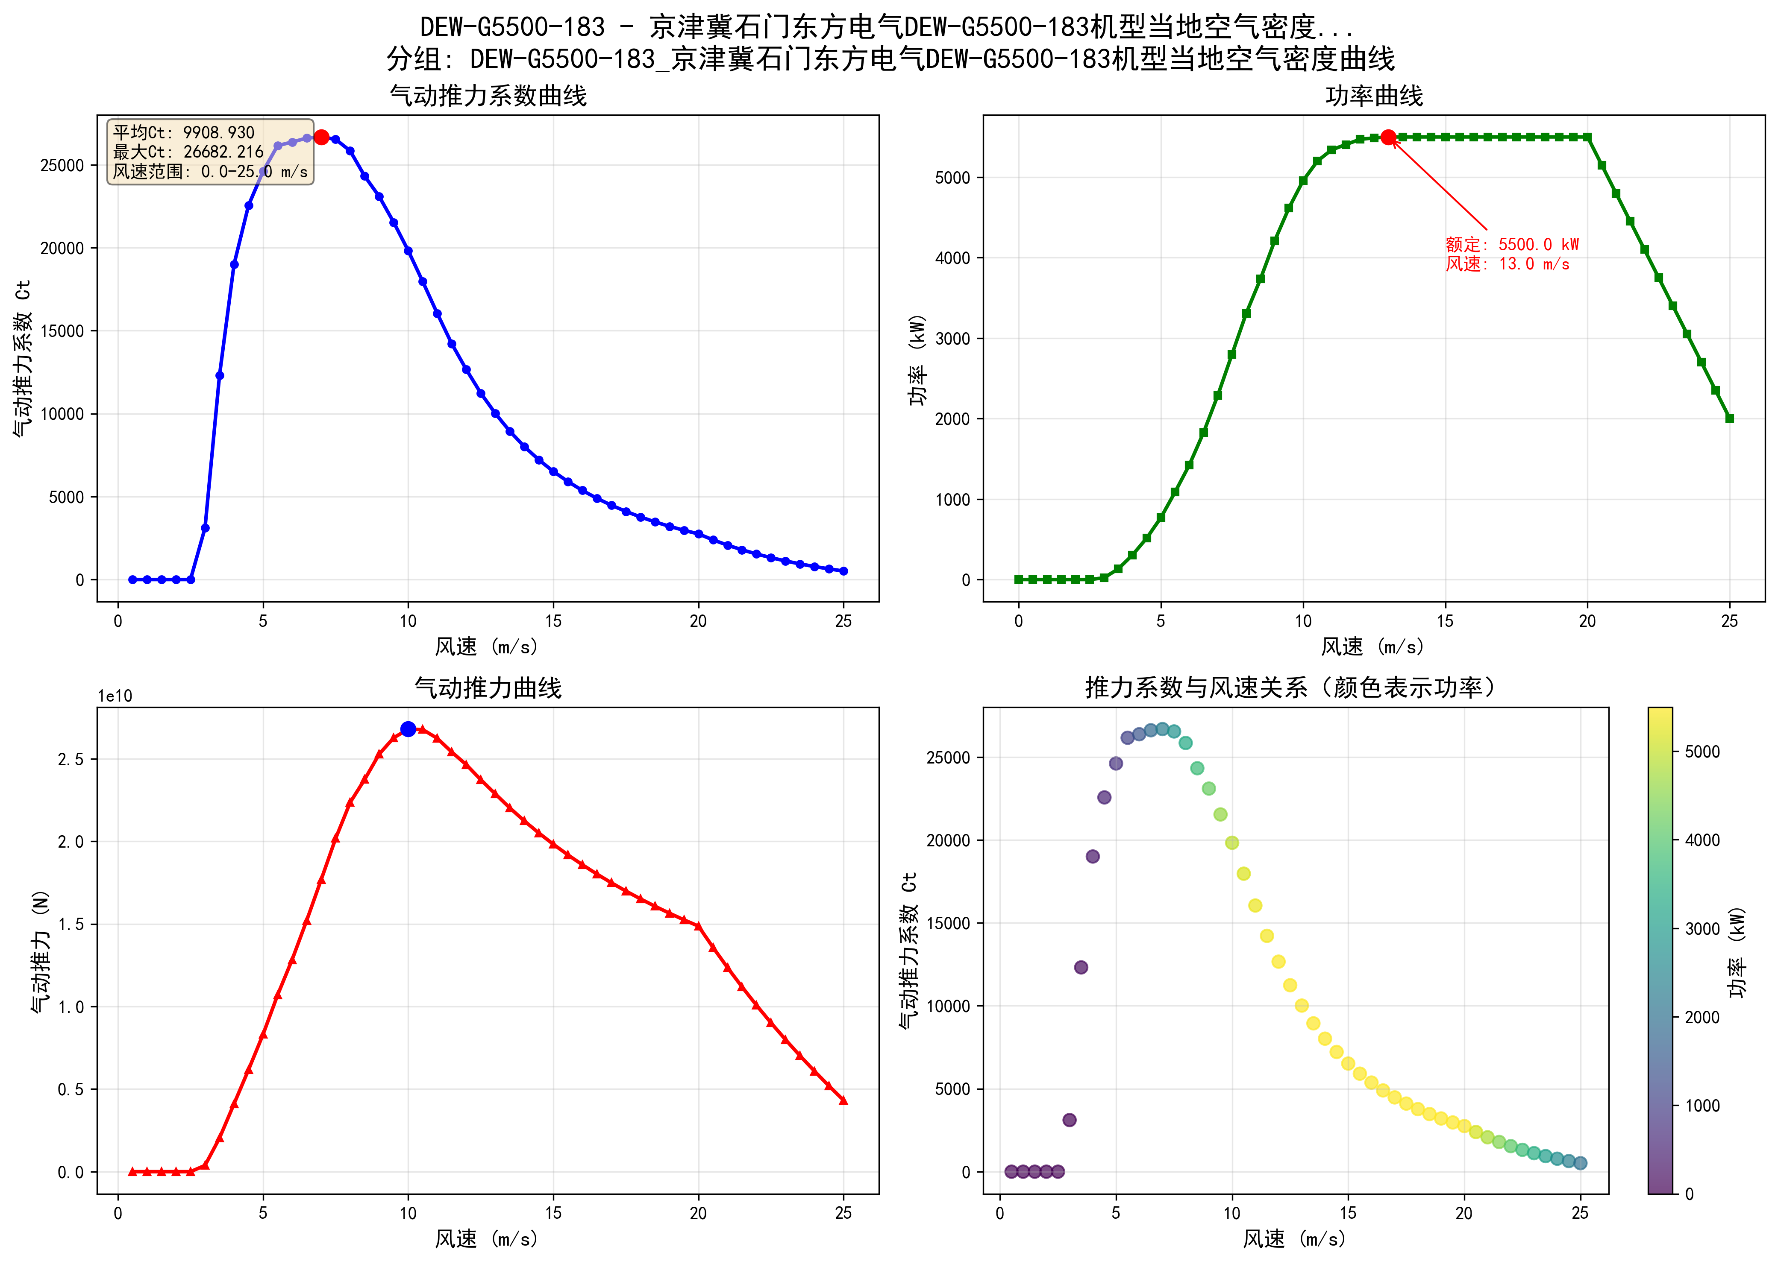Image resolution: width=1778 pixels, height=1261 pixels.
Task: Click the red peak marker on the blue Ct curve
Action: point(321,138)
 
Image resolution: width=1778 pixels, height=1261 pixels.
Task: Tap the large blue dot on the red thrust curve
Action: point(408,729)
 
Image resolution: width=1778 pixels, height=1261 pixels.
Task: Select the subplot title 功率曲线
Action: point(1373,96)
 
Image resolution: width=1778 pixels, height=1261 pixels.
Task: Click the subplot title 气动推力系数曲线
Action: point(488,96)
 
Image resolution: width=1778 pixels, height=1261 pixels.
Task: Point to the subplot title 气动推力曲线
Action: point(488,688)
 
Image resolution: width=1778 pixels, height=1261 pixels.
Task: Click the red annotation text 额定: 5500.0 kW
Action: point(1511,245)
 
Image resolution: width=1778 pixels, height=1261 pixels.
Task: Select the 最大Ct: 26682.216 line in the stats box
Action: point(189,152)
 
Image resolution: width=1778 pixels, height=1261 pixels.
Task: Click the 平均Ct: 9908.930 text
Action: point(184,133)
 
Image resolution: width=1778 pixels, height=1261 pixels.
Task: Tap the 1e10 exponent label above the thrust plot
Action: point(115,696)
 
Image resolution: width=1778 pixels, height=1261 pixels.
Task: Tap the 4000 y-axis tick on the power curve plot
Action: point(952,258)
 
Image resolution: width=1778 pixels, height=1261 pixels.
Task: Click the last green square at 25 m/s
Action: point(1729,418)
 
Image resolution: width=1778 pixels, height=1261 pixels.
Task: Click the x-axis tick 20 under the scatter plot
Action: point(1464,1213)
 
